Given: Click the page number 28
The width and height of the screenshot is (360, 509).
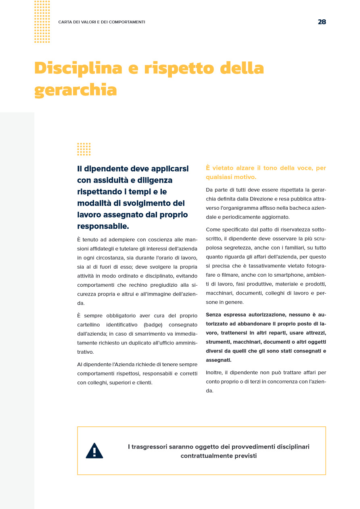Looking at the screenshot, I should [x=322, y=22].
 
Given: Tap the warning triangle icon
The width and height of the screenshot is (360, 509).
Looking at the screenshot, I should [x=94, y=451].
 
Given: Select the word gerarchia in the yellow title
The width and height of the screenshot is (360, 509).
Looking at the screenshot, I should [x=75, y=90].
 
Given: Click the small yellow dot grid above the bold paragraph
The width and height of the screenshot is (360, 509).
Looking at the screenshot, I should [x=84, y=149].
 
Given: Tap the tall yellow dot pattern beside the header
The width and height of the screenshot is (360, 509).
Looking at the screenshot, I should [x=42, y=22].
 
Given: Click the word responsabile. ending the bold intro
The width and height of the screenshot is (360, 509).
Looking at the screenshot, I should [x=103, y=226].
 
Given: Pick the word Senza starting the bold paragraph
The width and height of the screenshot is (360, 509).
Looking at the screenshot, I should [x=214, y=315].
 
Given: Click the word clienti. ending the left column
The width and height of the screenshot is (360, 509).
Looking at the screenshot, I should [x=144, y=383].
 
